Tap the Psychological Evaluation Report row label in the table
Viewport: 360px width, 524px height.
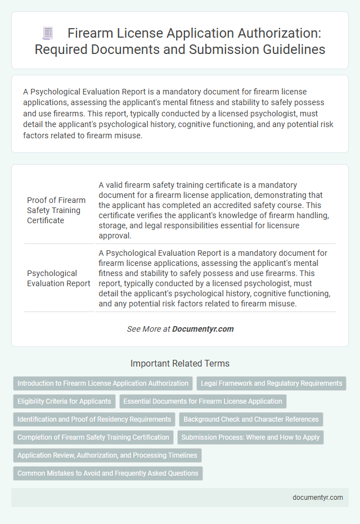pyautogui.click(x=58, y=278)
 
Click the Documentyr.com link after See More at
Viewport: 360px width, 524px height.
pyautogui.click(x=202, y=329)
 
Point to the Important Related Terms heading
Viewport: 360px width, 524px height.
pyautogui.click(x=179, y=363)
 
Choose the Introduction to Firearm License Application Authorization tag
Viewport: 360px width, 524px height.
pyautogui.click(x=103, y=383)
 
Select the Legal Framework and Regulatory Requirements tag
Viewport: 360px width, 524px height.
pyautogui.click(x=271, y=383)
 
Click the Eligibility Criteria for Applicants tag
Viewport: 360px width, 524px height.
pyautogui.click(x=65, y=401)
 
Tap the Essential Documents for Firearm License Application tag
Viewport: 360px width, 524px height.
pyautogui.click(x=203, y=401)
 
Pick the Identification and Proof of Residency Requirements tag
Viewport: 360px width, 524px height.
pyautogui.click(x=94, y=419)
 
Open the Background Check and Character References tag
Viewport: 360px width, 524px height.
pyautogui.click(x=251, y=419)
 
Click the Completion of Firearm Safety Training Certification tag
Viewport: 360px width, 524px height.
pyautogui.click(x=93, y=437)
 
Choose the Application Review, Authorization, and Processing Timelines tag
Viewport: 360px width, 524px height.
pyautogui.click(x=107, y=455)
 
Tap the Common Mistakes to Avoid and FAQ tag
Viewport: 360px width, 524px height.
pyautogui.click(x=107, y=473)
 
